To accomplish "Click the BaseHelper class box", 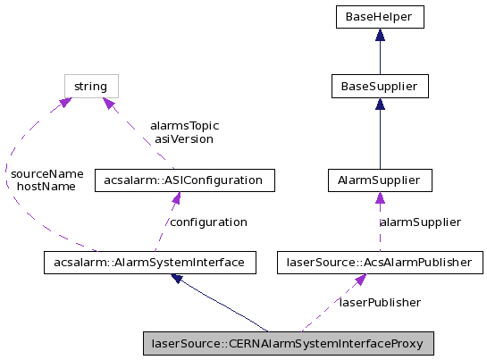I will tap(380, 16).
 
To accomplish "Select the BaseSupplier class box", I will tap(380, 87).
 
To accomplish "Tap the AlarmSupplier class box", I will tap(380, 180).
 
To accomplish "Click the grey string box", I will tap(91, 87).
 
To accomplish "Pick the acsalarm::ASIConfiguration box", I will tap(184, 180).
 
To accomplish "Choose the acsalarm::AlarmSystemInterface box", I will tap(150, 263).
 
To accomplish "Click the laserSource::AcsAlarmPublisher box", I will tap(380, 263).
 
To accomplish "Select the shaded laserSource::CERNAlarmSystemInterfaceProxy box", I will tap(289, 343).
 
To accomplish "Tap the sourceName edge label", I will tap(46, 173).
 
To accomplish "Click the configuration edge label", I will tap(208, 222).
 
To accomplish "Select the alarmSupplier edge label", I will tap(421, 222).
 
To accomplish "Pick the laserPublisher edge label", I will tap(380, 303).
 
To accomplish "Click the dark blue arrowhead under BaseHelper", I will tap(380, 35).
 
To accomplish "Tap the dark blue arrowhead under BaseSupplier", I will tap(380, 105).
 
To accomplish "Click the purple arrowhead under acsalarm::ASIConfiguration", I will tap(175, 199).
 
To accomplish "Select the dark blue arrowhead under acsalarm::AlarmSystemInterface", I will tap(178, 279).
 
